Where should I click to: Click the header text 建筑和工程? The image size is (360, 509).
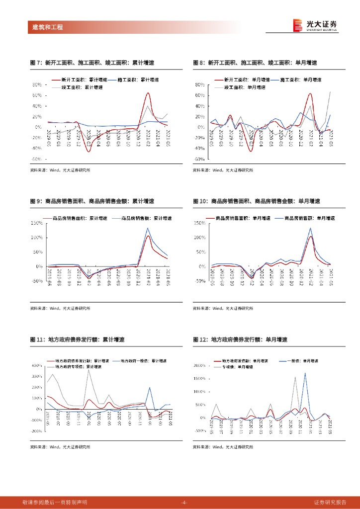[44, 27]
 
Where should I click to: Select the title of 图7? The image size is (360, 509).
[92, 63]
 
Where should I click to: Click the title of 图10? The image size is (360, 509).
[256, 201]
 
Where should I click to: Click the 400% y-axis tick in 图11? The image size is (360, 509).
[37, 365]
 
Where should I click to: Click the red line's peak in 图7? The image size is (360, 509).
[148, 93]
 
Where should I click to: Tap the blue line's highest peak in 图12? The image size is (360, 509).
[305, 373]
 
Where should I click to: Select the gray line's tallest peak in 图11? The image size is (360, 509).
[89, 370]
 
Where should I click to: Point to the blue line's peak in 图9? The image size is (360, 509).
[148, 228]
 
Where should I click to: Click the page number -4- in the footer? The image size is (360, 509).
[183, 503]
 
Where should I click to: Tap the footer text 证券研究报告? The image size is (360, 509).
[332, 503]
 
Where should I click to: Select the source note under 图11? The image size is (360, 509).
[60, 447]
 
